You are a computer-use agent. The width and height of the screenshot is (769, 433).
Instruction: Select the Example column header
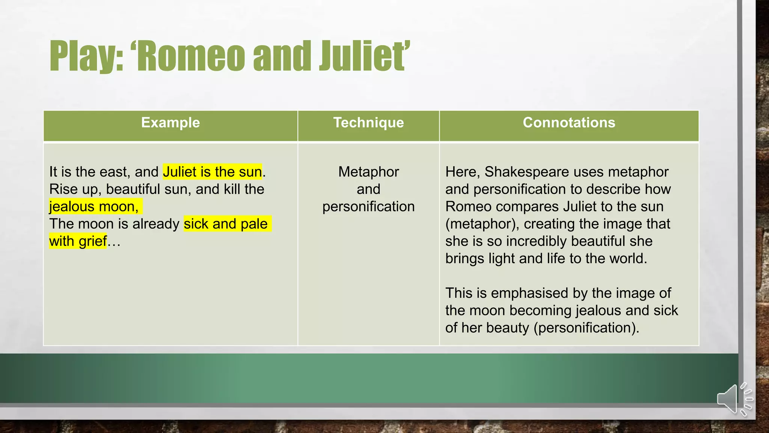pyautogui.click(x=170, y=123)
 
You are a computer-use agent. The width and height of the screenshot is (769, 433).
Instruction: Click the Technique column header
pyautogui.click(x=368, y=123)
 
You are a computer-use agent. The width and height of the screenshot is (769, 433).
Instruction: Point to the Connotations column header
pyautogui.click(x=569, y=123)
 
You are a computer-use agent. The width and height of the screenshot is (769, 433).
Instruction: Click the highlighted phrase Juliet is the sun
pyautogui.click(x=212, y=172)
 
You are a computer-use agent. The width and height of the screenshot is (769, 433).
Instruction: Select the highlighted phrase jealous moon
pyautogui.click(x=94, y=207)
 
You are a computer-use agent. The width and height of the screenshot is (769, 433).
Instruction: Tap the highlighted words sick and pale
pyautogui.click(x=226, y=224)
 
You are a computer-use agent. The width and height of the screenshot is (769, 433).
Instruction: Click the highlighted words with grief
pyautogui.click(x=78, y=241)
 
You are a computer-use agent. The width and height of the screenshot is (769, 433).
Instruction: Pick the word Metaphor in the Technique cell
pyautogui.click(x=368, y=172)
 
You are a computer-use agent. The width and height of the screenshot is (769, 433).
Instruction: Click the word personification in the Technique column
pyautogui.click(x=368, y=207)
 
